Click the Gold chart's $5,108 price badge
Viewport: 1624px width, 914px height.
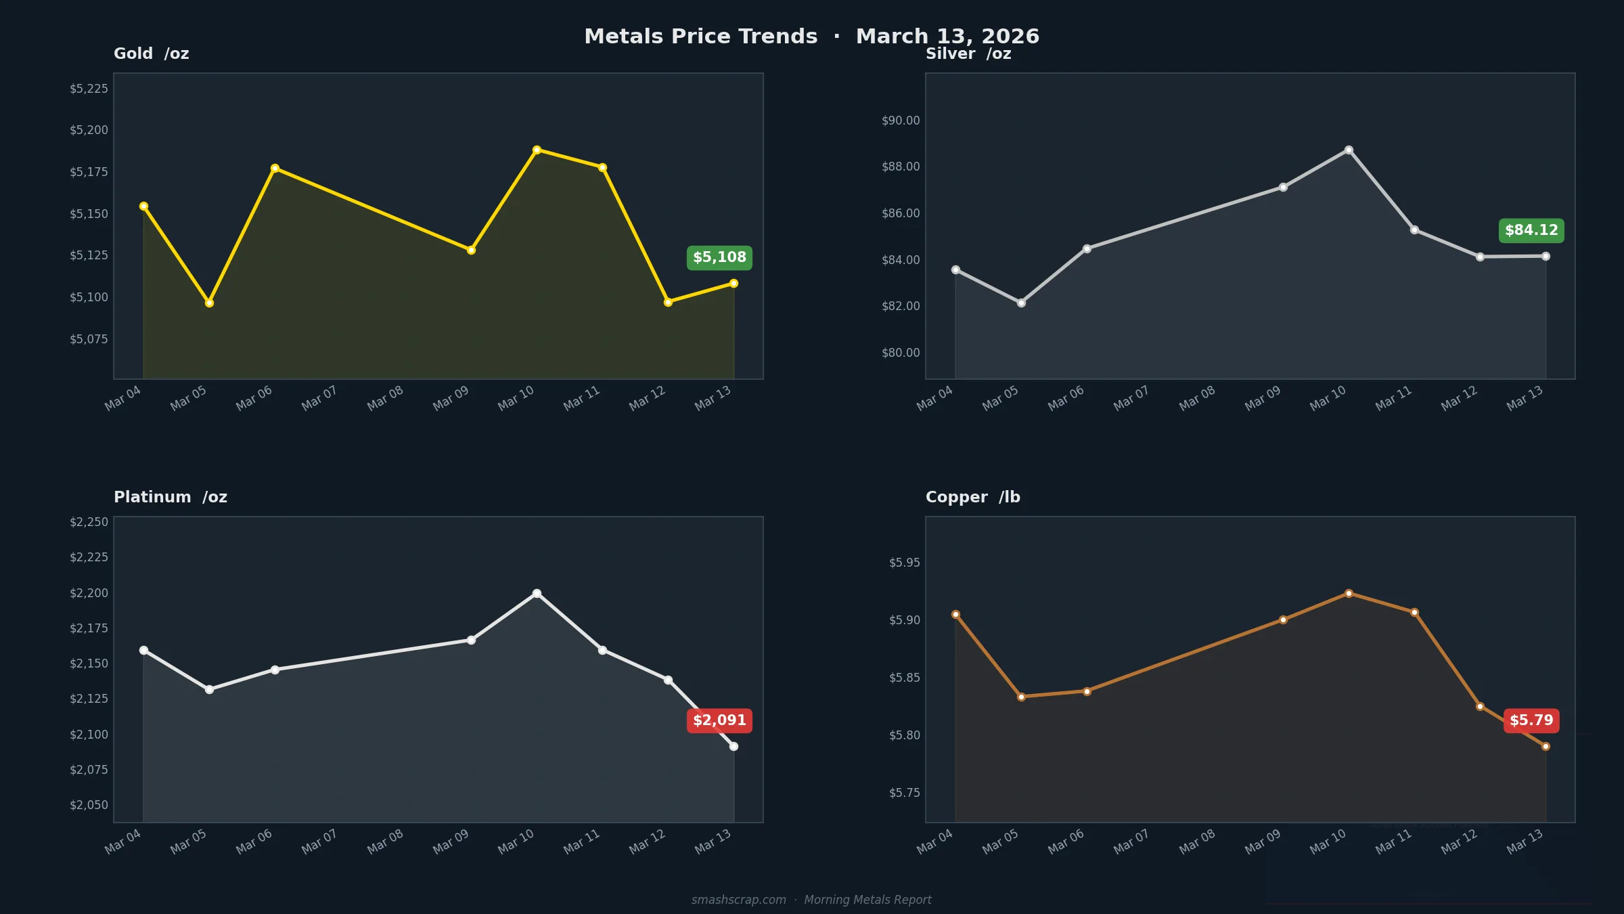tap(719, 258)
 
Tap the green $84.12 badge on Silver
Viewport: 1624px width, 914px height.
tap(1531, 231)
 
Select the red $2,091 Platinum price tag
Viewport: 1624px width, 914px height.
tap(719, 720)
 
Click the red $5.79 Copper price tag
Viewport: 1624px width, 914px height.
tap(1531, 720)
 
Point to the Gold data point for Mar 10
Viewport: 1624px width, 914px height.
tap(537, 150)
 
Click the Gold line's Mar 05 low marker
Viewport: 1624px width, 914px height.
tap(209, 303)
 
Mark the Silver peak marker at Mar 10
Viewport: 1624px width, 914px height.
tap(1349, 150)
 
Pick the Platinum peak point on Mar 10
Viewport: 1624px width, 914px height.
tap(537, 593)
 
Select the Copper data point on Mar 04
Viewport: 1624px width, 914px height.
tap(955, 614)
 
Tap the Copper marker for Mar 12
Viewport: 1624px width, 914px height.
tap(1480, 706)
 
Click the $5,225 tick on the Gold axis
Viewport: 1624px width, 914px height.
tap(89, 89)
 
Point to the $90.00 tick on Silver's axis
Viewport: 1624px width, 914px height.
tap(901, 121)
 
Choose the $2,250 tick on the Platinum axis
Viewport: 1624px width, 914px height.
tap(89, 522)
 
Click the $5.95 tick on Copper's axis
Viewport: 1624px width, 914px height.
tap(904, 563)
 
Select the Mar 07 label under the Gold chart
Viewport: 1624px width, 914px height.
tap(319, 398)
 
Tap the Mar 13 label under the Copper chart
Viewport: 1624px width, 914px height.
tap(1525, 842)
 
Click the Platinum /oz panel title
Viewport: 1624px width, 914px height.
tap(171, 497)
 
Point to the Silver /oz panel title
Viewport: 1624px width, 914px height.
tap(968, 53)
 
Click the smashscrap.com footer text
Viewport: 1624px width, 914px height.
tap(738, 900)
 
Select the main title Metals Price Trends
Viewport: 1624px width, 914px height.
tap(700, 37)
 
